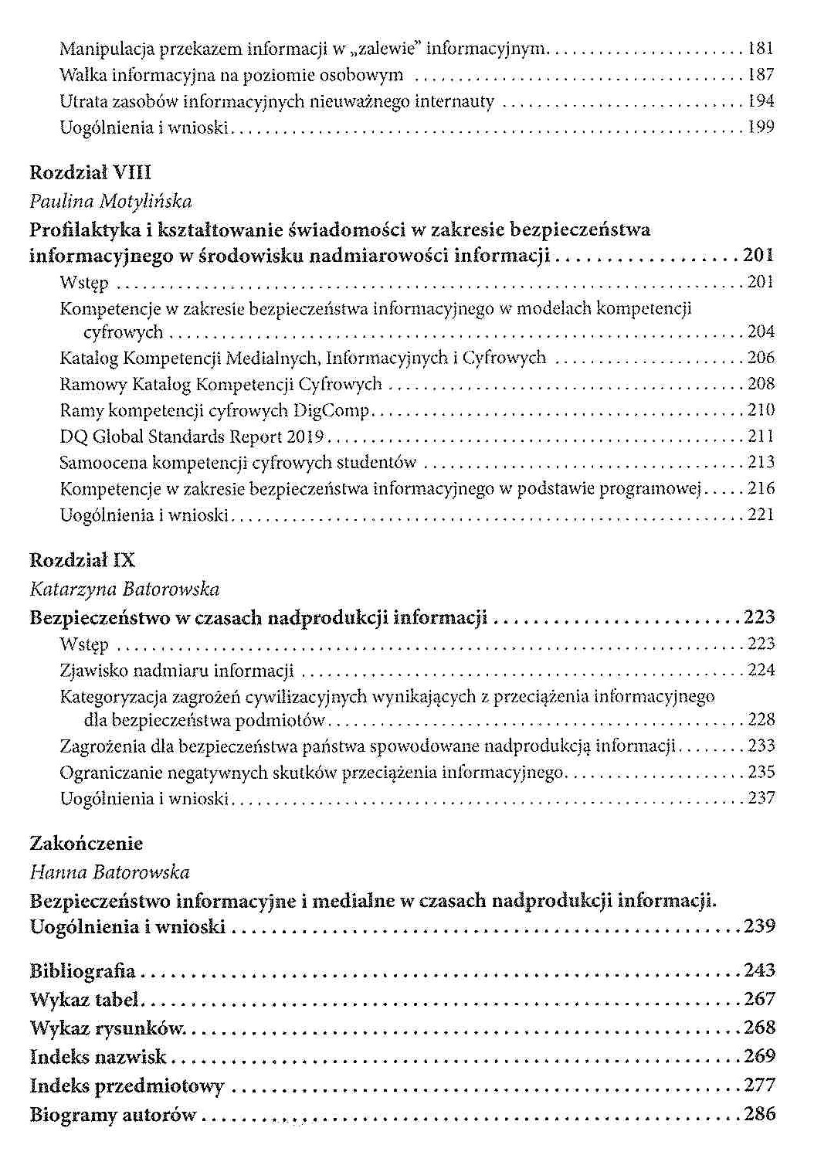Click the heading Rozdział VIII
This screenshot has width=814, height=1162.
click(90, 173)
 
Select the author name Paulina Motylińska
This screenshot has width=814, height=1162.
click(110, 202)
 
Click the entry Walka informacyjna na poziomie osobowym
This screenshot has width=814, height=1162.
click(232, 76)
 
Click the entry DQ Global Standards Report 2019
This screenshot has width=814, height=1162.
click(191, 437)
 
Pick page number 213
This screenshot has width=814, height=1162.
click(761, 462)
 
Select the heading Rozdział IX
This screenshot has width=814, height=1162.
click(82, 561)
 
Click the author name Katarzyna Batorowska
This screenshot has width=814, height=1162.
click(124, 589)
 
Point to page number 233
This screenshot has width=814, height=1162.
click(761, 746)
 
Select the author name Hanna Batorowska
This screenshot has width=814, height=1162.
click(109, 872)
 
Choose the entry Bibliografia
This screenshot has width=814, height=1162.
click(83, 970)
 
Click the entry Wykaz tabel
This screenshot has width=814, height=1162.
click(83, 999)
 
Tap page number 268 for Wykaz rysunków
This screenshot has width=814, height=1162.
click(759, 1028)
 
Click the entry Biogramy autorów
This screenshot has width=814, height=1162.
click(113, 1114)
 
